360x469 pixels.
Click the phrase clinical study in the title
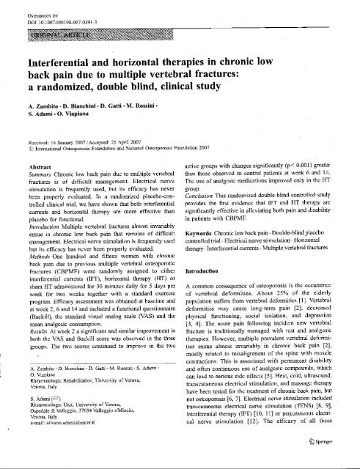tap(210, 98)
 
